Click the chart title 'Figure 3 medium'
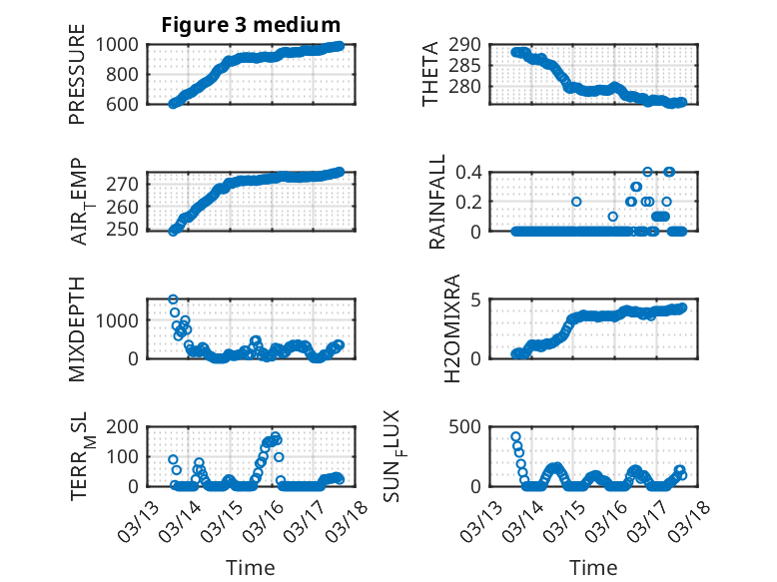click(x=251, y=25)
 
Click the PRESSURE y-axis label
click(x=77, y=74)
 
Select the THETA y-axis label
click(x=430, y=74)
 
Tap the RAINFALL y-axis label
click(x=436, y=203)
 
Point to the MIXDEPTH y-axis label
click(x=77, y=329)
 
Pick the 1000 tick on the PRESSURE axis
click(x=125, y=44)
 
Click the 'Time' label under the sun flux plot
click(x=593, y=568)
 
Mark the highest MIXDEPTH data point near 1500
click(x=173, y=299)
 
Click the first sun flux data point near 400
click(x=515, y=436)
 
